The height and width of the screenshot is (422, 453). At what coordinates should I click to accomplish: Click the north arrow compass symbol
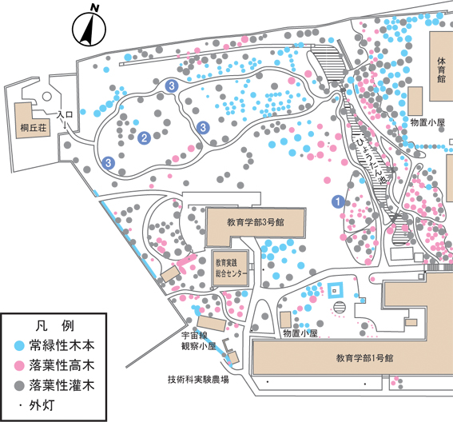coord(89,28)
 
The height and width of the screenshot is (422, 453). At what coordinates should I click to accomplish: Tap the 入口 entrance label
coord(65,114)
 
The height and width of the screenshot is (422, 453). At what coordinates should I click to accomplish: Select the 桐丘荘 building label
coord(34,127)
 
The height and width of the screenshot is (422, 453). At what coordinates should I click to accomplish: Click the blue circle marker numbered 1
coord(338,201)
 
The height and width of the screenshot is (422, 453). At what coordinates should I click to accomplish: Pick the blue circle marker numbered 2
coord(144,138)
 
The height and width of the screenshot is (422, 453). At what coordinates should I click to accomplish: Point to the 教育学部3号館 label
coord(256,222)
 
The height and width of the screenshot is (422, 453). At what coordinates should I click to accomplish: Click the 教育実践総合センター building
coord(230,268)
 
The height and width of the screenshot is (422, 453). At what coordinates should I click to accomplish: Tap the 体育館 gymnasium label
coord(441,70)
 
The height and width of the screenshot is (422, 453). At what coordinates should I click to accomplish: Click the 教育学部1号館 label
coord(364,358)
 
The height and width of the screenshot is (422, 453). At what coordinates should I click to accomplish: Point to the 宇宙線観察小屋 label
coord(198,340)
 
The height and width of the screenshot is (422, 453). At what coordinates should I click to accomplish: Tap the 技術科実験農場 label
coord(198,379)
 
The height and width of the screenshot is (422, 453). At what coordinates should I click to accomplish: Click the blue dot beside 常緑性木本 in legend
coord(19,346)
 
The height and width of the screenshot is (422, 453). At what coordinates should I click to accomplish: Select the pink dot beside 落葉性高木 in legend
coord(19,365)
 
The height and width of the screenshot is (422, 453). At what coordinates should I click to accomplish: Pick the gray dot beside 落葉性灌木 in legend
coord(19,385)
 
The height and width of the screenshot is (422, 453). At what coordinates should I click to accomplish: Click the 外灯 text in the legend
coord(42,405)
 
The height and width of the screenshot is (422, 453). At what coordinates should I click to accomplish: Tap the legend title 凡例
coord(55,326)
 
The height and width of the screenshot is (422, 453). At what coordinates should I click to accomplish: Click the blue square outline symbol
coord(335,290)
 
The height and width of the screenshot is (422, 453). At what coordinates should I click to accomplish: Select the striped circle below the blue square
coord(340,307)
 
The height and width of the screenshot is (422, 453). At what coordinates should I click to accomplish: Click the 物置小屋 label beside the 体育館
coord(427,122)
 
